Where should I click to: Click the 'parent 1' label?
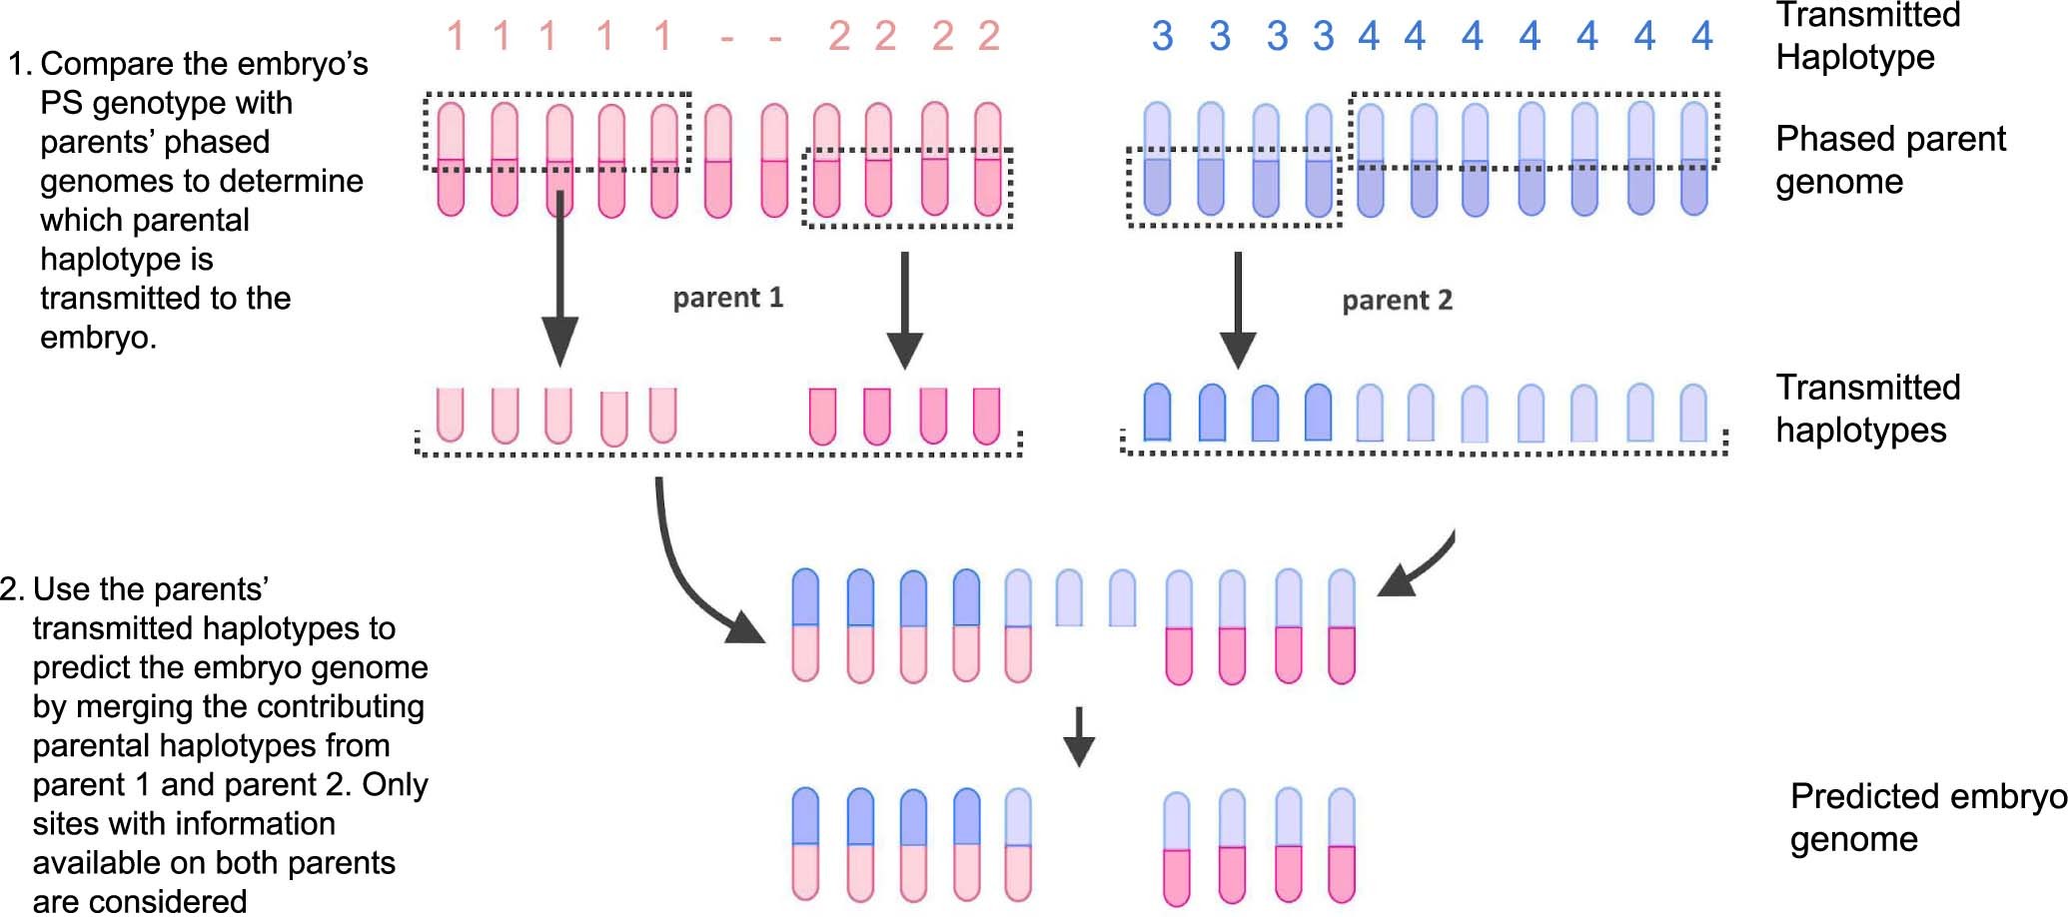coord(727,298)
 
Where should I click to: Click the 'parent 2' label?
coord(1397,301)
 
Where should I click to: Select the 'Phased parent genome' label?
coord(1889,160)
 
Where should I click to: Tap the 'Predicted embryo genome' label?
coord(1927,817)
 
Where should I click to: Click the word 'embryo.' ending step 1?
coord(98,338)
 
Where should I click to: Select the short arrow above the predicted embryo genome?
coord(1078,736)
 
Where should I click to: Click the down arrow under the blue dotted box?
coord(1238,310)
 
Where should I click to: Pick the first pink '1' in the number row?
coord(456,37)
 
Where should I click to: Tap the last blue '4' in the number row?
coord(1702,37)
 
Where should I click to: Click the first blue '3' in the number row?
coord(1162,37)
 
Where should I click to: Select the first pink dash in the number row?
coord(727,40)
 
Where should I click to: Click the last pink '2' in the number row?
coord(988,37)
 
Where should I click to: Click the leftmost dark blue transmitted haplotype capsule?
coord(1157,413)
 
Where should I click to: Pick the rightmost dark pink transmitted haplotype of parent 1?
coord(986,416)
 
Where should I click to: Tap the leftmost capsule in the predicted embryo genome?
coord(805,844)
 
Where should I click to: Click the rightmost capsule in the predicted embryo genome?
coord(1342,845)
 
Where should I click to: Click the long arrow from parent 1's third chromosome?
coord(559,280)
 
